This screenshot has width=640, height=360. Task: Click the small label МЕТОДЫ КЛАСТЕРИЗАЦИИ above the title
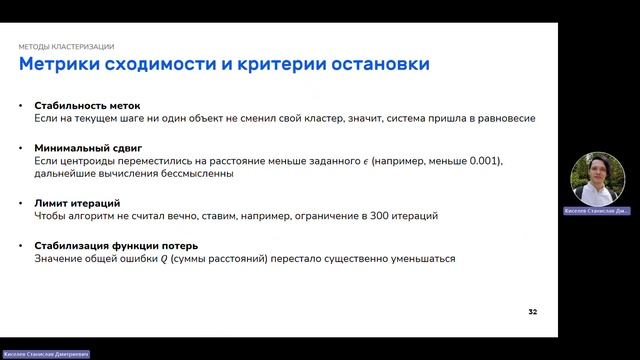(x=66, y=47)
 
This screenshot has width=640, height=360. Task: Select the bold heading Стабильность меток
(x=87, y=105)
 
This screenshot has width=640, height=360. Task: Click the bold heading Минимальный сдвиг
(x=85, y=147)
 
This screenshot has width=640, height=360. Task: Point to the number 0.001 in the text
(x=484, y=160)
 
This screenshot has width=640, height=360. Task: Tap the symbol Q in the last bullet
(x=165, y=259)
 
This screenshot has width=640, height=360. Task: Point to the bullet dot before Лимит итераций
(x=22, y=203)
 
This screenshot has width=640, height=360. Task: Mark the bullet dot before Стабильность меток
(x=22, y=105)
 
